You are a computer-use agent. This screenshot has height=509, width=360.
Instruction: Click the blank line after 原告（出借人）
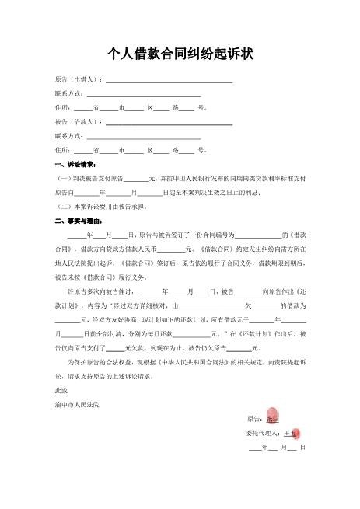click(x=169, y=80)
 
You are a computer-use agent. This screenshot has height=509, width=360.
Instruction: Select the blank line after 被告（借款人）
click(x=169, y=123)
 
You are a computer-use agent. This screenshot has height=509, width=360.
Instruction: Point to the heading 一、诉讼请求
click(x=75, y=165)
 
